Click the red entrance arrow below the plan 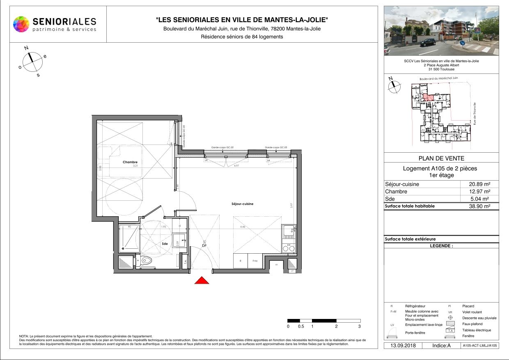tap(202, 280)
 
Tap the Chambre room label tap(130, 162)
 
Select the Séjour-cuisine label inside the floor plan tap(242, 204)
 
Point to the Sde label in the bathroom tap(165, 243)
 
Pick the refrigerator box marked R tap(241, 261)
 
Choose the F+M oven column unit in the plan tap(254, 261)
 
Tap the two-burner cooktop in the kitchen tap(289, 248)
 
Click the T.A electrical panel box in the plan tap(185, 261)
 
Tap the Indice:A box tap(441, 346)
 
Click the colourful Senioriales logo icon tap(21, 24)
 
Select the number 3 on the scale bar tap(360, 326)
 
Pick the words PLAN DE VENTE tap(441, 158)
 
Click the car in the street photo tap(427, 41)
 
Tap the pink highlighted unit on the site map tap(428, 98)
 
